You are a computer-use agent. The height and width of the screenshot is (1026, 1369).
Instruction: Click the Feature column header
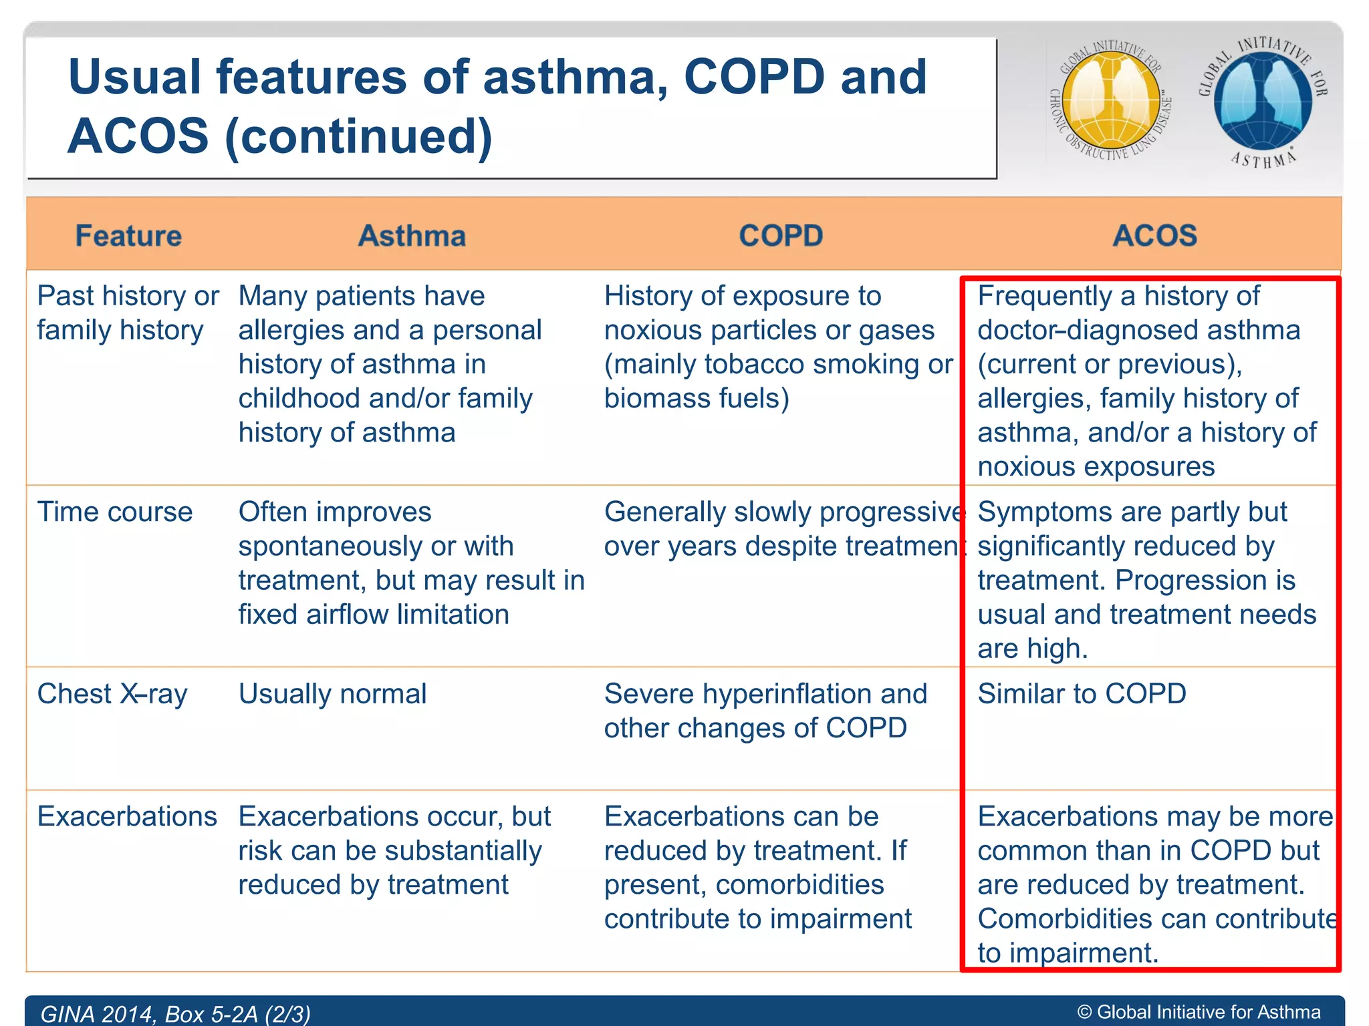coord(128,236)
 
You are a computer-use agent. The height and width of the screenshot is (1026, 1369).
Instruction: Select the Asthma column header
coord(412,236)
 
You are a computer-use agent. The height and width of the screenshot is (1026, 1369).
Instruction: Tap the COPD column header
coord(781,236)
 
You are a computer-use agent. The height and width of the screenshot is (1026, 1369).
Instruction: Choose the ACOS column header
coord(1154,236)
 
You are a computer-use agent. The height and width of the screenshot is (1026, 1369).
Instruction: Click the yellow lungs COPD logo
coord(1111,100)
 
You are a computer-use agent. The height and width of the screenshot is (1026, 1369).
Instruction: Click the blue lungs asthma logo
coord(1263,100)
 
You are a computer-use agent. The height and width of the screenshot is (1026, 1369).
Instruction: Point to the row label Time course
coord(115,512)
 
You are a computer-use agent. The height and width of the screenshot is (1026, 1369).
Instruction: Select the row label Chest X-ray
coord(112,694)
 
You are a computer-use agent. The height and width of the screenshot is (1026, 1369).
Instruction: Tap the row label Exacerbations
coord(127,817)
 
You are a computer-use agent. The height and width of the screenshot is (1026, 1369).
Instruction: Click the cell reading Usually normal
coord(332,694)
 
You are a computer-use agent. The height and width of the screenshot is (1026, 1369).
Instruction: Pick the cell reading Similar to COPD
coord(1082,694)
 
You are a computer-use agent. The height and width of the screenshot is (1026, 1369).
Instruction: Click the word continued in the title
coord(358,136)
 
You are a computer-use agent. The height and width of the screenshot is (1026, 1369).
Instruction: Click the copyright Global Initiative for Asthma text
coord(1199,1013)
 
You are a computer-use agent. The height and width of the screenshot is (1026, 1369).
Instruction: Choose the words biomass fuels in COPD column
coord(697,399)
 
